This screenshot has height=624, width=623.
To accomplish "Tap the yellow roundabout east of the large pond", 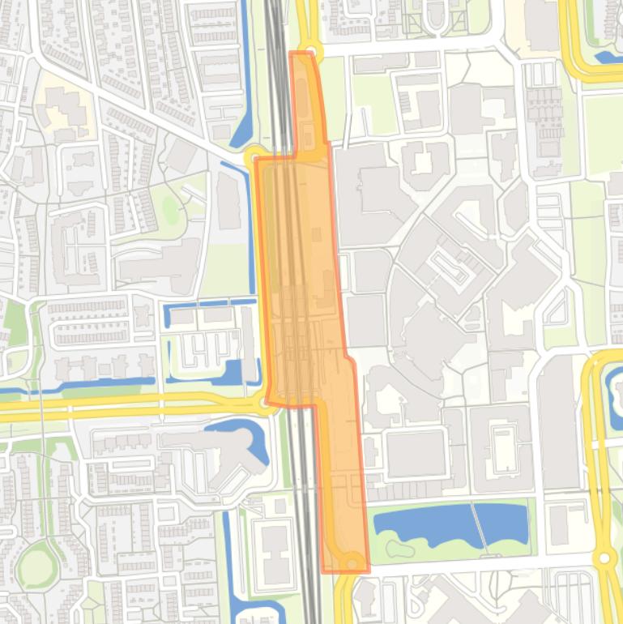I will (x=604, y=558).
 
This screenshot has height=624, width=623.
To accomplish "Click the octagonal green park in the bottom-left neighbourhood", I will (x=36, y=566).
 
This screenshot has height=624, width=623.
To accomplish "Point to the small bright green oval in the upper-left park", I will (x=170, y=209).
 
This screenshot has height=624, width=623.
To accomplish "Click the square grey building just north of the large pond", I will (x=416, y=453).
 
